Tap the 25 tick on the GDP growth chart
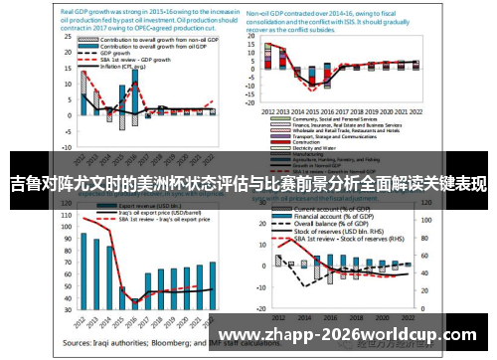tap(69, 40)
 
